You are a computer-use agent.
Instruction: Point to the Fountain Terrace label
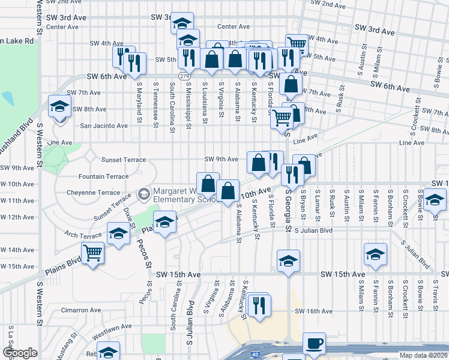(x=104, y=176)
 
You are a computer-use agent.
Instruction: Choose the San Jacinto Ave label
(x=104, y=126)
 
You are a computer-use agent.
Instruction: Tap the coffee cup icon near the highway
(x=315, y=344)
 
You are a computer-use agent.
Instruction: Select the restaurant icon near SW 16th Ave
(x=259, y=304)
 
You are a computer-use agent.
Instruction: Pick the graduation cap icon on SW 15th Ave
(x=288, y=262)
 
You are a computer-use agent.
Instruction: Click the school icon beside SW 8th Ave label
(x=59, y=106)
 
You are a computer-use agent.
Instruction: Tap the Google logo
(x=20, y=353)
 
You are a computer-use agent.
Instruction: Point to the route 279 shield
(x=184, y=76)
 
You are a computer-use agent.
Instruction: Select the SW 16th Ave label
(x=315, y=311)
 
